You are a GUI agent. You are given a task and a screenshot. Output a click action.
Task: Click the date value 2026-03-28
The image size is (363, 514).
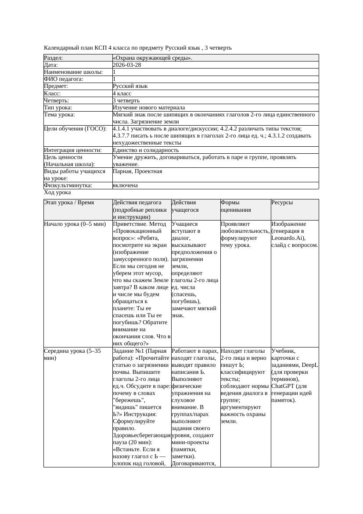[x=127, y=65]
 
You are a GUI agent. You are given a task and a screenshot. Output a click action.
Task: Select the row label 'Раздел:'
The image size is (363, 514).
[x=54, y=58]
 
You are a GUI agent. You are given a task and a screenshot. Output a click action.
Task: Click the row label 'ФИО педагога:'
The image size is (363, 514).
[x=64, y=79]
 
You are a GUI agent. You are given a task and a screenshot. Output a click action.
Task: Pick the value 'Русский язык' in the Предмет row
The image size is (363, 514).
[x=130, y=86]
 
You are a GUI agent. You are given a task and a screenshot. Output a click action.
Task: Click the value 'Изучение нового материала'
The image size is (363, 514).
[x=149, y=108]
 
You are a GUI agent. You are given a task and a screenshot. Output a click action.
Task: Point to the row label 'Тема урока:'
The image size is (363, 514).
[x=60, y=115]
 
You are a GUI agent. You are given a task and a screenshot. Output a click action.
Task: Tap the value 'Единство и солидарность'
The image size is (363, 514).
[x=143, y=150]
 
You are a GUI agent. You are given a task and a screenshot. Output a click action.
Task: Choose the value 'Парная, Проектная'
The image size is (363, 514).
[x=137, y=171]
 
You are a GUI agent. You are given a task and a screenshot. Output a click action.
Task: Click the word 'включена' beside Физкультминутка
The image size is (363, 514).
[x=125, y=185]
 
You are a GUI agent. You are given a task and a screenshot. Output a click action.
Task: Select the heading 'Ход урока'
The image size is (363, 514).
[x=58, y=192]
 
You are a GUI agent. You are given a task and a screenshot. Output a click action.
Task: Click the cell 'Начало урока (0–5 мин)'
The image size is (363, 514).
[x=75, y=224]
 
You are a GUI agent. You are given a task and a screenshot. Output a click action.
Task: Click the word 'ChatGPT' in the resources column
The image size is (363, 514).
[x=284, y=386]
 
